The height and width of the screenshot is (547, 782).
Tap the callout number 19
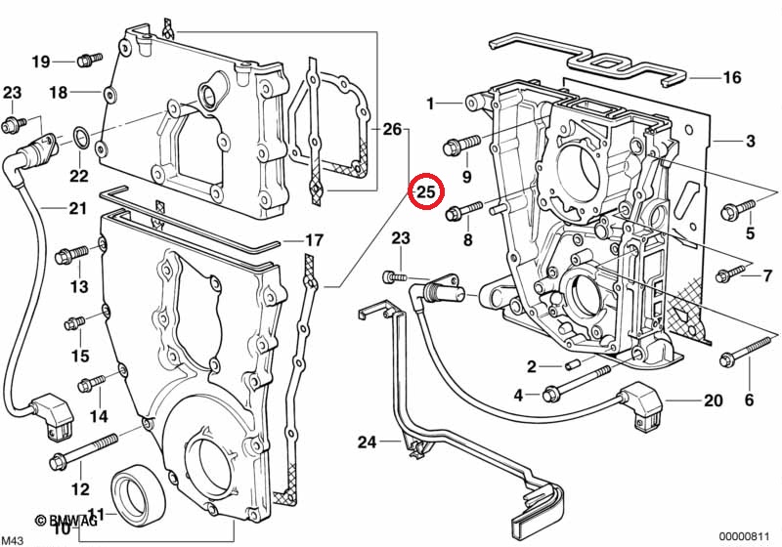(x=40, y=62)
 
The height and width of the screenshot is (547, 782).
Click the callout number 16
(x=732, y=77)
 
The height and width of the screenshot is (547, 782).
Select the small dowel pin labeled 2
(x=573, y=366)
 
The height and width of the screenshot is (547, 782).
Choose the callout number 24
(x=366, y=442)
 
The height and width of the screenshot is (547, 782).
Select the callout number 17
(x=313, y=240)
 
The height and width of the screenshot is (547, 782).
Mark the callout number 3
(x=750, y=142)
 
